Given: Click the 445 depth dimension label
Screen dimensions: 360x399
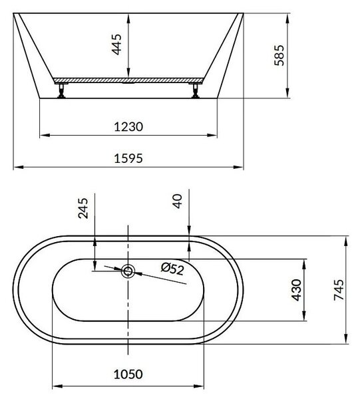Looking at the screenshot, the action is tap(117, 45).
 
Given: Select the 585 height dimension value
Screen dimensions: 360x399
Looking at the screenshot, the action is tap(279, 55).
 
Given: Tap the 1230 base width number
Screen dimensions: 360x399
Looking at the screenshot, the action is tap(128, 127).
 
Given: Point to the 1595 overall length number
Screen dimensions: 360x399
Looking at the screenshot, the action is tap(128, 158).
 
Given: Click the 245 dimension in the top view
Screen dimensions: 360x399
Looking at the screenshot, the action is tap(83, 208).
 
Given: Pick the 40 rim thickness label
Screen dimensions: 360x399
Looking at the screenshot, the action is tap(178, 201).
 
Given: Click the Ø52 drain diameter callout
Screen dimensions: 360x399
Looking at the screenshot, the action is tap(172, 269).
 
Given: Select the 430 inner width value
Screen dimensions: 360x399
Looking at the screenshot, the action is tap(296, 290).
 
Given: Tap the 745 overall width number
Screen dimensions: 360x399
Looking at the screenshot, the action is tap(339, 290).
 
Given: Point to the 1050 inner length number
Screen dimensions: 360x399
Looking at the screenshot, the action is tap(128, 374).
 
